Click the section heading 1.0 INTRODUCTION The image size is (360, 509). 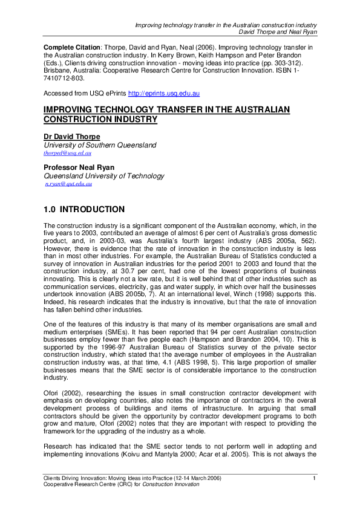point(84,210)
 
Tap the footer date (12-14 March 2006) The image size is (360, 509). point(189,479)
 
